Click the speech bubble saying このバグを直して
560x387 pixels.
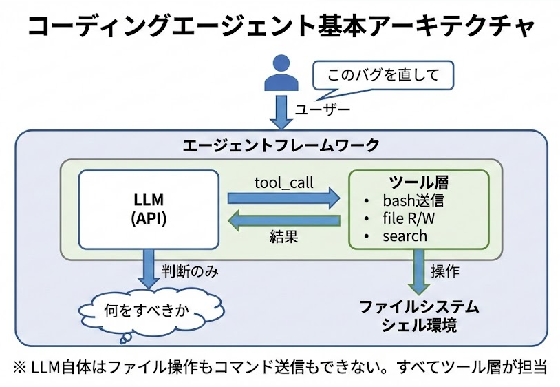point(383,74)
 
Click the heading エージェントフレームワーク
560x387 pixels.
point(281,145)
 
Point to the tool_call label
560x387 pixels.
point(283,182)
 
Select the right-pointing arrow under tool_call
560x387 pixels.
point(283,199)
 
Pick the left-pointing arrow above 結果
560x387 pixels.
point(283,221)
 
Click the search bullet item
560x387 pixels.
point(405,236)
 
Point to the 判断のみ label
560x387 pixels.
point(191,271)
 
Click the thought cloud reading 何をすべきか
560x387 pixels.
point(144,309)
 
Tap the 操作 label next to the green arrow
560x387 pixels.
point(445,271)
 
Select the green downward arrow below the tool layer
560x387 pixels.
point(418,271)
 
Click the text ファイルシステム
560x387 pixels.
point(419,306)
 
